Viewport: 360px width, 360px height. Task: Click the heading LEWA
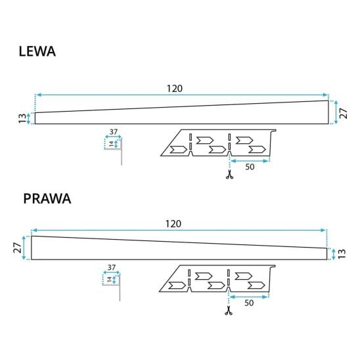click(x=37, y=51)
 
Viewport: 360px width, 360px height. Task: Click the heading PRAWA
click(x=47, y=198)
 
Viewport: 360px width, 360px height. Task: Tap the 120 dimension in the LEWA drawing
click(x=175, y=89)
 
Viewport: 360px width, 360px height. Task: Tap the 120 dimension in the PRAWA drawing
click(x=173, y=224)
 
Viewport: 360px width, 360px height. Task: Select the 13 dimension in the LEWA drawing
click(x=22, y=118)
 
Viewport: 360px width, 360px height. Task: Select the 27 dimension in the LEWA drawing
click(x=344, y=114)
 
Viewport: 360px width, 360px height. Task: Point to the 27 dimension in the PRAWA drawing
click(x=18, y=248)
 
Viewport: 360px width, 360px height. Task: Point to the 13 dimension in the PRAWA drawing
click(x=342, y=254)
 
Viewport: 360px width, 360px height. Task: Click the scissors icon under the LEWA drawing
click(x=229, y=175)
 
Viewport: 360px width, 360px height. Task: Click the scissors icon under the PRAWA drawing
click(x=229, y=311)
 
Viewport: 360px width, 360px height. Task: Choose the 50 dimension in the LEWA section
click(x=250, y=167)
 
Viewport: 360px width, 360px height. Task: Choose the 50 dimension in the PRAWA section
click(x=249, y=303)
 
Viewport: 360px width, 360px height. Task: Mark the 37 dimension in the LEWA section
click(x=114, y=132)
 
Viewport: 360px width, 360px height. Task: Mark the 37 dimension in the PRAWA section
click(x=112, y=267)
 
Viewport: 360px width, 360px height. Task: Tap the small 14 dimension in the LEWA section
click(x=111, y=144)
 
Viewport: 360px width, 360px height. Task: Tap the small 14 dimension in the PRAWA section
click(x=109, y=280)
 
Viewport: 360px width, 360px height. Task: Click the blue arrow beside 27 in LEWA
click(x=336, y=112)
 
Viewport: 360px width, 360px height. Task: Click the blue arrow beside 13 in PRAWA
click(x=334, y=254)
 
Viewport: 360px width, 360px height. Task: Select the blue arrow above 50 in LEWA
click(x=250, y=161)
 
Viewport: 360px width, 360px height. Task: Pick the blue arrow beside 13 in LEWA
click(x=28, y=118)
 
